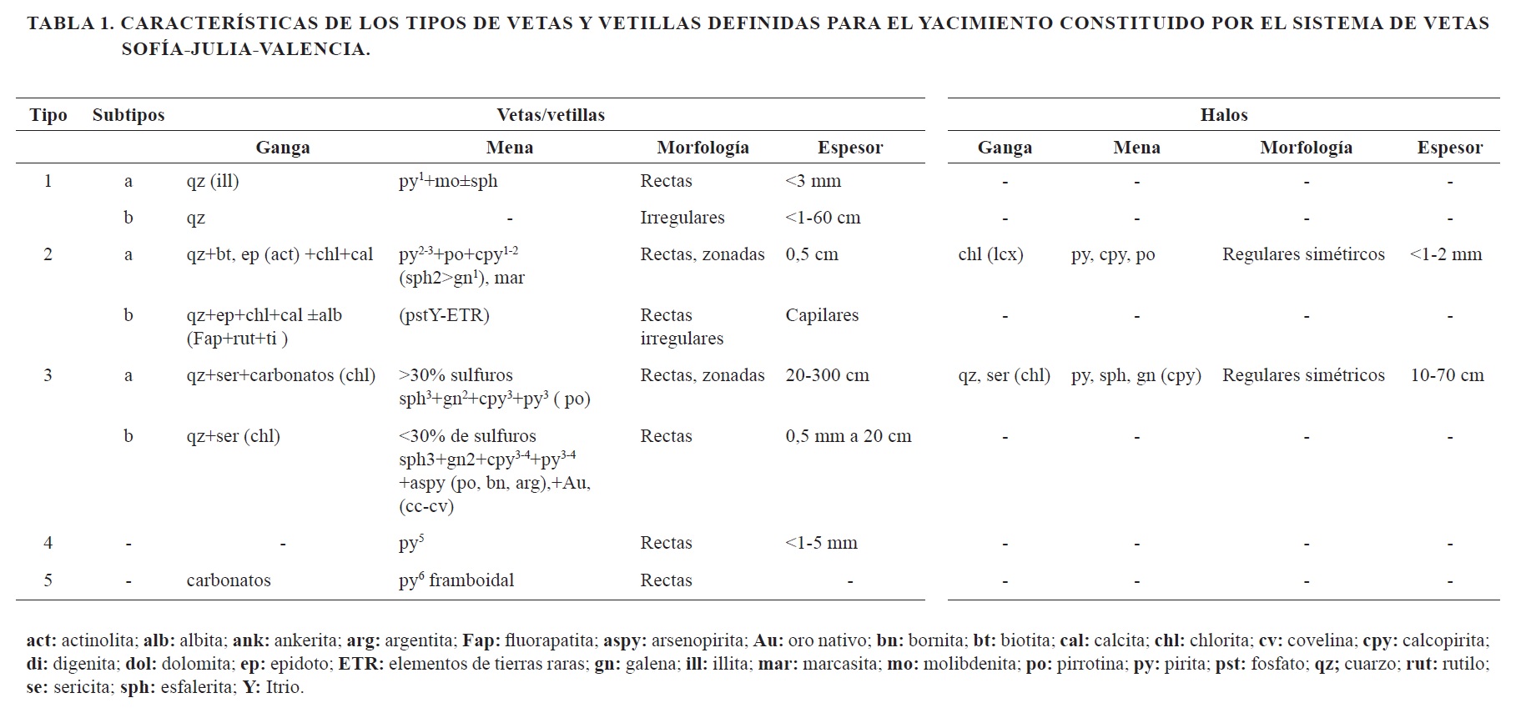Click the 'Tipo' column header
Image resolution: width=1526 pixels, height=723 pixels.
[48, 115]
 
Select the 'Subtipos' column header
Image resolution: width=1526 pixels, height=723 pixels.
[128, 115]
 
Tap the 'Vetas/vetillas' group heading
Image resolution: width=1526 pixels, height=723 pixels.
[551, 115]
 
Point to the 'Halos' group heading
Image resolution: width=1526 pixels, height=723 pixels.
[1223, 115]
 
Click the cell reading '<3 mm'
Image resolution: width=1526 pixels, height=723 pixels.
[813, 181]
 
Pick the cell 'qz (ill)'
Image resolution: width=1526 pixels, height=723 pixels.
[213, 181]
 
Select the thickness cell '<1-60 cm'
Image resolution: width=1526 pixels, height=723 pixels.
[823, 218]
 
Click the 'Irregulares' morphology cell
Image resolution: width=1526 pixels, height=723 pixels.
[682, 218]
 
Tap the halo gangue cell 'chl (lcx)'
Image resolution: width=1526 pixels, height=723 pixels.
[990, 254]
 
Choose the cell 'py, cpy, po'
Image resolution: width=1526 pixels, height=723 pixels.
[1113, 254]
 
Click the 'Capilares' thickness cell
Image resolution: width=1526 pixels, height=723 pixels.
[822, 315]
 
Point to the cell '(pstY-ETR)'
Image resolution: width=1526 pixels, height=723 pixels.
[444, 315]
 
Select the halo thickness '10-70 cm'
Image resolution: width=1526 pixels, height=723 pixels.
[1447, 375]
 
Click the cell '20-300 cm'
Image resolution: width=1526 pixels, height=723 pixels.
[827, 375]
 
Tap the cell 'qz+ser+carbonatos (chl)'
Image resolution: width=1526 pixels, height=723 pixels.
[281, 375]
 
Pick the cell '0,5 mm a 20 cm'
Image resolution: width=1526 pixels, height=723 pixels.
[848, 436]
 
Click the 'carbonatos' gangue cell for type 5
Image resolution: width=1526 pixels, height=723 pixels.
[229, 580]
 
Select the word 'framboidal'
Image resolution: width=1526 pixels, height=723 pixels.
[471, 580]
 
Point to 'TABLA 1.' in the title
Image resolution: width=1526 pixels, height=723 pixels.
[70, 23]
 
